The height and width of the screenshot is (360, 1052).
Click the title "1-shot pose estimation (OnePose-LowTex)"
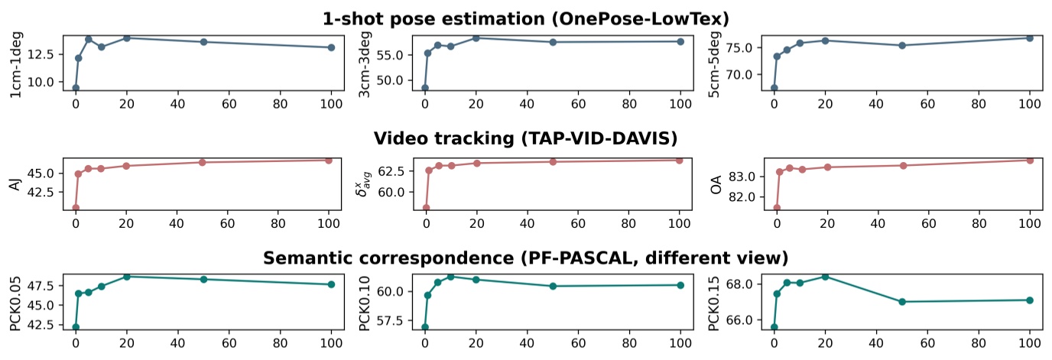[x=526, y=19]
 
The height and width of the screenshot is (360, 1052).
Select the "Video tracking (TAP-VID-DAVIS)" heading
[x=526, y=138]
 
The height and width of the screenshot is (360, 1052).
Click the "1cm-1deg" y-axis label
[x=16, y=63]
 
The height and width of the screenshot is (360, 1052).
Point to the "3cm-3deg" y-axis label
[x=365, y=63]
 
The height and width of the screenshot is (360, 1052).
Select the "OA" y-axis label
[x=716, y=183]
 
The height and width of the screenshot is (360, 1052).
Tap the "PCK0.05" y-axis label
[x=16, y=302]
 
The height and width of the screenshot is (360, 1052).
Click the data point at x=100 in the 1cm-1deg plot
[x=331, y=47]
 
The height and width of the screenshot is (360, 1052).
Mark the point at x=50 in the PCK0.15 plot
[x=902, y=302]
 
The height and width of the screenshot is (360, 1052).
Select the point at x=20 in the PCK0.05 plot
[x=126, y=277]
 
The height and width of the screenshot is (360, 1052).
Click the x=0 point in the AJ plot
[x=76, y=208]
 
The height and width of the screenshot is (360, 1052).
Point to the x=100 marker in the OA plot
[x=1030, y=160]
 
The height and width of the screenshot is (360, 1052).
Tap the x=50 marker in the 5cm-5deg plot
[x=902, y=45]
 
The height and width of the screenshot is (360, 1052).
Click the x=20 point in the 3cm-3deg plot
[x=476, y=37]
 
